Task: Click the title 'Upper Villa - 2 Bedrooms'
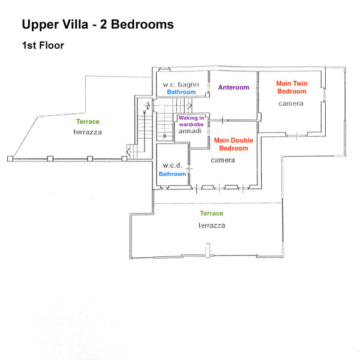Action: click(98, 25)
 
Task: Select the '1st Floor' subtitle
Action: click(43, 45)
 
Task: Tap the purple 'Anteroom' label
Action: click(233, 88)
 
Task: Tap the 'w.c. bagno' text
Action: click(182, 85)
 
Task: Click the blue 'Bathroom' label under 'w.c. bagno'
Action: click(181, 93)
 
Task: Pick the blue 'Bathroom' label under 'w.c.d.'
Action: click(172, 174)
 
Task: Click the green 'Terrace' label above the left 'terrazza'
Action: click(88, 122)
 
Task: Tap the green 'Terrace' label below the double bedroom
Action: click(211, 214)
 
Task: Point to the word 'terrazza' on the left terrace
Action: click(88, 131)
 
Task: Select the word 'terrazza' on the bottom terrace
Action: click(212, 226)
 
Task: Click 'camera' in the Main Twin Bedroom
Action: click(291, 104)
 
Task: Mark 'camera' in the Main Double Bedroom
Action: click(222, 160)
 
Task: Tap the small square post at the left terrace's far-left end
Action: click(10, 159)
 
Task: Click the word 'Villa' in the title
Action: click(73, 25)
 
